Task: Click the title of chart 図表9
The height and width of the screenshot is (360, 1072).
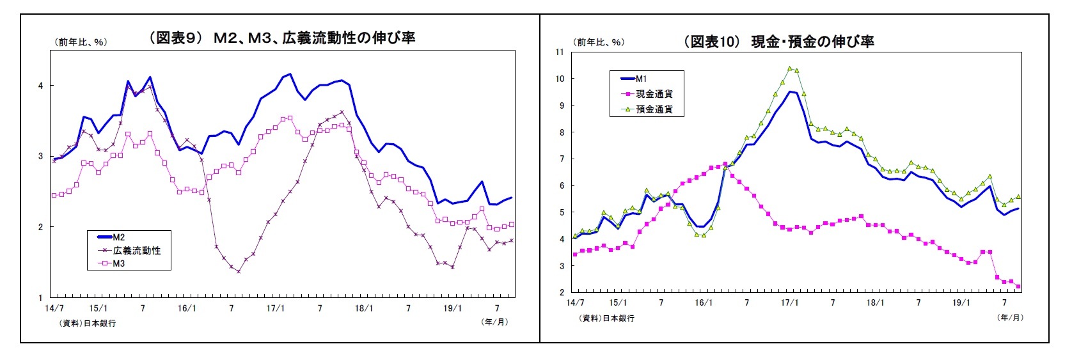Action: (282, 38)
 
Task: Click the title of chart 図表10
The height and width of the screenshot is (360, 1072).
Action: (778, 42)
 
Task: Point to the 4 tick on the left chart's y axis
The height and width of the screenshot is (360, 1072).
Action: (41, 86)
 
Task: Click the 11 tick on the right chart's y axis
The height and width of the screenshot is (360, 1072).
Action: (560, 52)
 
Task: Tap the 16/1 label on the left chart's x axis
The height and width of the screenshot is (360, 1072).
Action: (187, 308)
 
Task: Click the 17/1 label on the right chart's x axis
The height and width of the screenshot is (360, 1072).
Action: (789, 302)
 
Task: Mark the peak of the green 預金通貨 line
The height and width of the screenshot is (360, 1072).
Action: (789, 68)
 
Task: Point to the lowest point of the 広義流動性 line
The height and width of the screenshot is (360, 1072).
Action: (239, 272)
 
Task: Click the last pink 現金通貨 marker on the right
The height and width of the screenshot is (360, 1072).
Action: (1018, 286)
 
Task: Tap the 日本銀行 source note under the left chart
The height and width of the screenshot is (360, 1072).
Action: (88, 324)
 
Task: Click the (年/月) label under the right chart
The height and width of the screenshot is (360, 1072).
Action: (1010, 317)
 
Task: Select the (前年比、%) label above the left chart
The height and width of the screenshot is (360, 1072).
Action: (79, 42)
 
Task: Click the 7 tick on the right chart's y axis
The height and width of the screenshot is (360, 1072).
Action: (561, 159)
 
